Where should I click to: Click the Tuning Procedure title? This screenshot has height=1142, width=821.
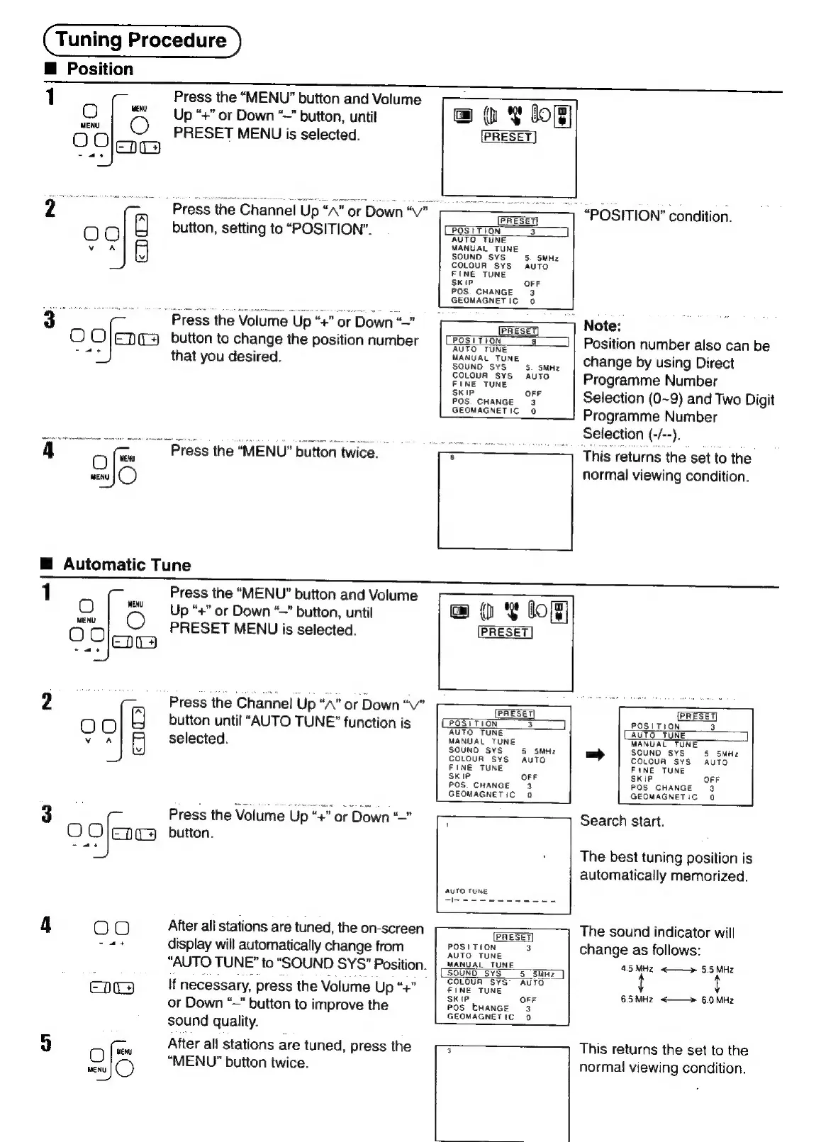click(141, 40)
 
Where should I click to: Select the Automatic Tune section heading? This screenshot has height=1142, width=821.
click(126, 564)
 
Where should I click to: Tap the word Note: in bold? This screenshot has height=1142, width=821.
click(602, 326)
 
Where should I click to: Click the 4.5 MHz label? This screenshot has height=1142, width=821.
click(636, 968)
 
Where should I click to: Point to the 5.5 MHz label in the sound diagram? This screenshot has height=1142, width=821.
click(718, 969)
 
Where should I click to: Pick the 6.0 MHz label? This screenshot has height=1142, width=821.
click(718, 1000)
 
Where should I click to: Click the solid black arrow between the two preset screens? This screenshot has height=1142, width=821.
click(595, 755)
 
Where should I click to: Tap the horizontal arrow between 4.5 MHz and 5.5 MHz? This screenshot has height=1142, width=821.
click(677, 969)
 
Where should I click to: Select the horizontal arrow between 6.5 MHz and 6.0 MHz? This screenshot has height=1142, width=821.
click(677, 1000)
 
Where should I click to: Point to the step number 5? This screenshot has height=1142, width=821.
click(45, 1043)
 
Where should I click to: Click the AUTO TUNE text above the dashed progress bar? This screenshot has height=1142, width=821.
click(466, 891)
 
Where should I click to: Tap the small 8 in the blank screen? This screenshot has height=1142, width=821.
click(452, 458)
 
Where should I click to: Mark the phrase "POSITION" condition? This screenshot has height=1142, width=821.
click(657, 216)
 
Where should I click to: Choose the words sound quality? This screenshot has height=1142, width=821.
click(212, 1021)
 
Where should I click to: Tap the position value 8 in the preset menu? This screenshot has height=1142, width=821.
click(533, 341)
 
